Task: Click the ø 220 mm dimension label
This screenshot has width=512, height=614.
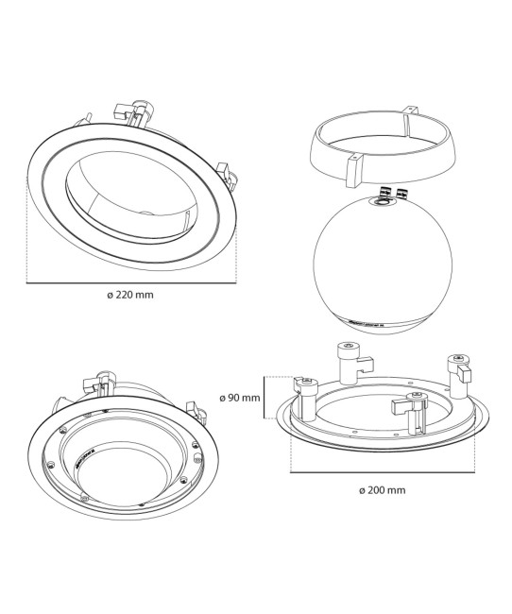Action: [130, 295]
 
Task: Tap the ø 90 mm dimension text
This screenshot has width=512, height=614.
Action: [238, 398]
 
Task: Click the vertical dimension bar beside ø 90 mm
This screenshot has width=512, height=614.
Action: [268, 397]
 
